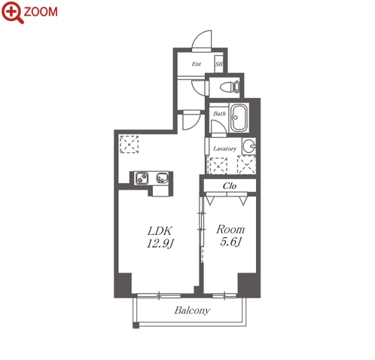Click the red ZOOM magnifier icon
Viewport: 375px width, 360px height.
(x=12, y=12)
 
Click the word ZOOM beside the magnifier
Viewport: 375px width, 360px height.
(x=41, y=12)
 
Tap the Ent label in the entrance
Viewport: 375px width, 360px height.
(x=197, y=64)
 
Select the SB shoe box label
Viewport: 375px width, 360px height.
(x=219, y=64)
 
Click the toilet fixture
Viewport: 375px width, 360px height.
(x=230, y=87)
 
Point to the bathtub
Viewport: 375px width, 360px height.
(x=239, y=117)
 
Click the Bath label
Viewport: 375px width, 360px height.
(x=219, y=114)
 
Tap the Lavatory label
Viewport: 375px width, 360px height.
(x=225, y=148)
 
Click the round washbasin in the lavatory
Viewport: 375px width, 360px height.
(x=249, y=146)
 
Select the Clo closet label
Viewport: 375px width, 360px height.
(x=230, y=186)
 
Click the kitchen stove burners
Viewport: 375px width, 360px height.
(x=142, y=178)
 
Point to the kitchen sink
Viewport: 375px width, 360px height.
(x=162, y=178)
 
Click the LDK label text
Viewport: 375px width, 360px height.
(x=160, y=230)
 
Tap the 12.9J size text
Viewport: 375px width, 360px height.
(x=160, y=243)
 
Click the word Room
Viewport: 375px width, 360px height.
(x=230, y=230)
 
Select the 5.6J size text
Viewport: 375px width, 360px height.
(x=230, y=243)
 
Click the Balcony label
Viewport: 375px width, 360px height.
(x=192, y=311)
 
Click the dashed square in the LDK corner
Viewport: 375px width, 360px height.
(x=129, y=145)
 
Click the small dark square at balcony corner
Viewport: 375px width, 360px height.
(x=136, y=325)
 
